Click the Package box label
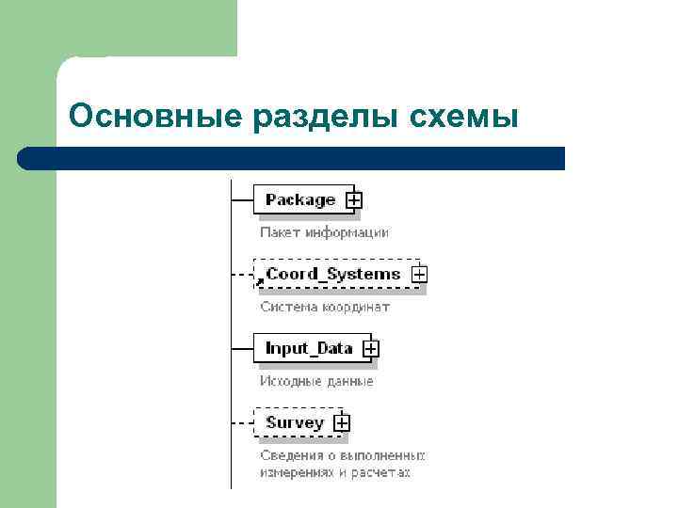pyautogui.click(x=299, y=199)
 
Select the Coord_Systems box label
pyautogui.click(x=332, y=274)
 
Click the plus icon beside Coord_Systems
pyautogui.click(x=419, y=275)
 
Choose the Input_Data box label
pyautogui.click(x=309, y=348)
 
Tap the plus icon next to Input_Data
pyautogui.click(x=371, y=349)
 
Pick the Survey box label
pyautogui.click(x=294, y=422)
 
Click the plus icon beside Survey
pyautogui.click(x=342, y=423)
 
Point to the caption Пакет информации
pyautogui.click(x=324, y=231)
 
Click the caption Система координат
pyautogui.click(x=324, y=307)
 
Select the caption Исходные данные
pyautogui.click(x=316, y=381)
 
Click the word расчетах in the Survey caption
pyautogui.click(x=383, y=472)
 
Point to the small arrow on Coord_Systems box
pyautogui.click(x=261, y=280)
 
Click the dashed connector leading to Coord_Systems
pyautogui.click(x=242, y=275)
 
